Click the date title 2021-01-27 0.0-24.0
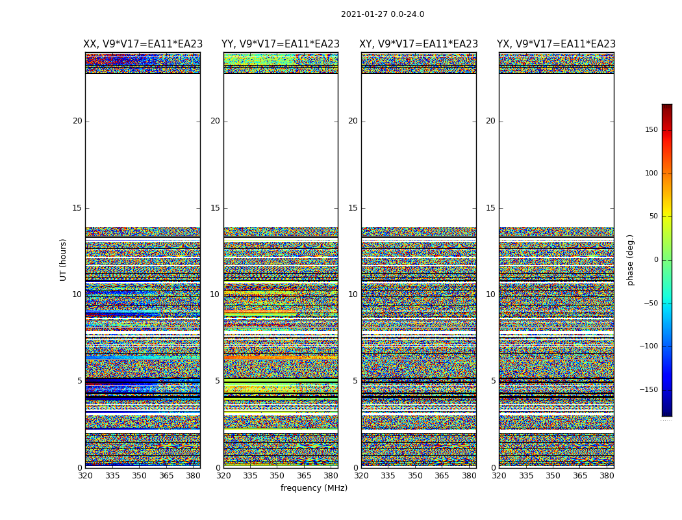pyautogui.click(x=382, y=14)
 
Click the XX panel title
pyautogui.click(x=143, y=44)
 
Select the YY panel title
pyautogui.click(x=281, y=44)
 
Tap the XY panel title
pyautogui.click(x=418, y=44)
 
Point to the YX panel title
pyautogui.click(x=556, y=44)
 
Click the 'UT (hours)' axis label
pyautogui.click(x=64, y=259)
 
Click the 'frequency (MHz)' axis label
pyautogui.click(x=314, y=488)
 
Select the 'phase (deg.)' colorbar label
pyautogui.click(x=630, y=259)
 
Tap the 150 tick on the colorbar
pyautogui.click(x=650, y=130)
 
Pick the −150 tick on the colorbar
pyautogui.click(x=649, y=390)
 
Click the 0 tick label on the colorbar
pyautogui.click(x=655, y=260)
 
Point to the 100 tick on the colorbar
pyautogui.click(x=650, y=174)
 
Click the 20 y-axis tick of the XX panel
pyautogui.click(x=77, y=121)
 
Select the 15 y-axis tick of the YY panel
pyautogui.click(x=215, y=208)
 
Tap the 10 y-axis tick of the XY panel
pyautogui.click(x=353, y=294)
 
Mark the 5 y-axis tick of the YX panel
pyautogui.click(x=493, y=381)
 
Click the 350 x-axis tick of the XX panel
pyautogui.click(x=139, y=476)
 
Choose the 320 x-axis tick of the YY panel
pyautogui.click(x=223, y=476)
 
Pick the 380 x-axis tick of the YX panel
pyautogui.click(x=607, y=476)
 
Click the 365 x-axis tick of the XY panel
pyautogui.click(x=442, y=476)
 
